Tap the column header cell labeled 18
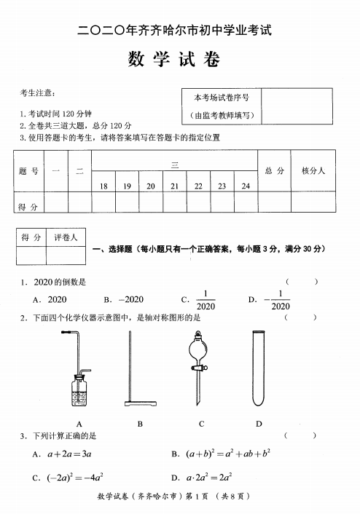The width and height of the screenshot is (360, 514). point(104,186)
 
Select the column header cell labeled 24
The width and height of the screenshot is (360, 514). point(246,186)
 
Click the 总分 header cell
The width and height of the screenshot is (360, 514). point(274,170)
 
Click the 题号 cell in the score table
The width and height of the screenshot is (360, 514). point(28,170)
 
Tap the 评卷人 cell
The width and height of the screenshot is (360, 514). point(66,237)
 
